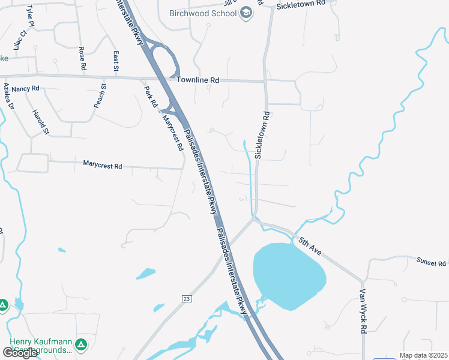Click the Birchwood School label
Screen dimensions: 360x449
point(203,13)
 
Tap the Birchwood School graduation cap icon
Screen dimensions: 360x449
point(246,13)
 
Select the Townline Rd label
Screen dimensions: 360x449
point(198,80)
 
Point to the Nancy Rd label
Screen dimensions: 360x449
point(25,88)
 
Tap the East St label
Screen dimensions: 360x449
point(116,61)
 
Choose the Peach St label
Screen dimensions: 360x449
point(100,96)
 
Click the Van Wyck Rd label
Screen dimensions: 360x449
point(363,311)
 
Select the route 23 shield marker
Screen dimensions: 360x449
point(187,298)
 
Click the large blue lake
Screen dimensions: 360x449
point(289,275)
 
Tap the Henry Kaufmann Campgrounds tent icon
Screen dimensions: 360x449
point(81,345)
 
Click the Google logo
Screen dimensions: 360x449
point(20,353)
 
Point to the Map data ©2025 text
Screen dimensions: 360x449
point(423,355)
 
